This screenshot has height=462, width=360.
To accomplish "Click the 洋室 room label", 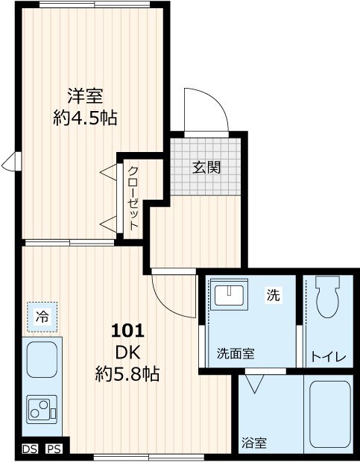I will pos(85,96).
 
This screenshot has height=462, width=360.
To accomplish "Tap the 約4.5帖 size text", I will pos(85,117).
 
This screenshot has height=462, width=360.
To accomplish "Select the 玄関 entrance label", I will pos(206,167).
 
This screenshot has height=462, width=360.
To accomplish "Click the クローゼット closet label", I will pos(133,197).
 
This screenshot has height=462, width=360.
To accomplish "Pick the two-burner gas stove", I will pos(42,410).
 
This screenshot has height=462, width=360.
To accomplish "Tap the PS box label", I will pos(54,449).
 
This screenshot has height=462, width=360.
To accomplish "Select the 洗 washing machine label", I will pos(274,296).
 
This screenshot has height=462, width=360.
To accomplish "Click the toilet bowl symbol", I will pos(327,298).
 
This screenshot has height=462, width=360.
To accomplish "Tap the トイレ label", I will pos(328,357).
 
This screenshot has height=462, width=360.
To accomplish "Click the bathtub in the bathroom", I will pos(329,414).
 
